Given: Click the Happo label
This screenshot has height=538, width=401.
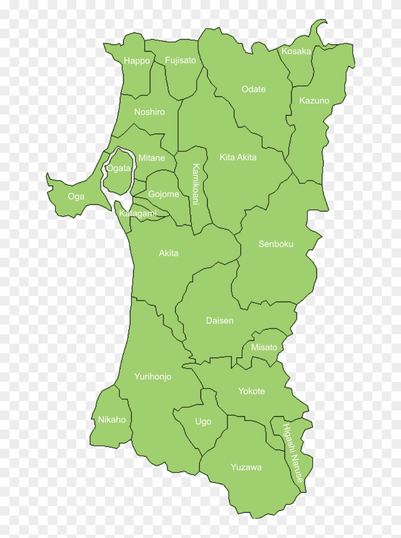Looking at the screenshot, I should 137,61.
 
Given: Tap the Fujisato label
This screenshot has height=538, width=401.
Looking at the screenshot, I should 180,60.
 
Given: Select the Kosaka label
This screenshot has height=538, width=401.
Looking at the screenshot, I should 296,51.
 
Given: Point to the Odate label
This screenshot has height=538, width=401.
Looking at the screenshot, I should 253,89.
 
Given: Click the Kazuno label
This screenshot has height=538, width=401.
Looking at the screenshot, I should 314,101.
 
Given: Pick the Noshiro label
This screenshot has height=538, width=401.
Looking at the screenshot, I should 149,112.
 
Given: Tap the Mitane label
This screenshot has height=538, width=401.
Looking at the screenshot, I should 151,158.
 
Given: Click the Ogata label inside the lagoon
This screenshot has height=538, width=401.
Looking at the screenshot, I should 118,168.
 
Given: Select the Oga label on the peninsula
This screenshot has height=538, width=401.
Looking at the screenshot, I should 76,196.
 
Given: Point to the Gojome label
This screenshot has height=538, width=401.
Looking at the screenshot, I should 163,194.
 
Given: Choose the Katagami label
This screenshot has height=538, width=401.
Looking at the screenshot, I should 138,213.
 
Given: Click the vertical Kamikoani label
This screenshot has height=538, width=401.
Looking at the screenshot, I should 195,184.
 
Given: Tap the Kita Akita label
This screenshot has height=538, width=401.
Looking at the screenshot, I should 238,157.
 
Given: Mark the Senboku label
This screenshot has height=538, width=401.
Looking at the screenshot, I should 276,244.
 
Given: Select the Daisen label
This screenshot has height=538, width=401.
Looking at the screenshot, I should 220,320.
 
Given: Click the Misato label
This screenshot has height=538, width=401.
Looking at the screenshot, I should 264,347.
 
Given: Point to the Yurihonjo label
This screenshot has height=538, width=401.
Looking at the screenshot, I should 153,377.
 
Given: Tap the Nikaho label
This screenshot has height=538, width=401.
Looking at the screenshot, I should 112,420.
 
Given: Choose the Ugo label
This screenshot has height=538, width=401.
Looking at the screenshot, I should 203,422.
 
